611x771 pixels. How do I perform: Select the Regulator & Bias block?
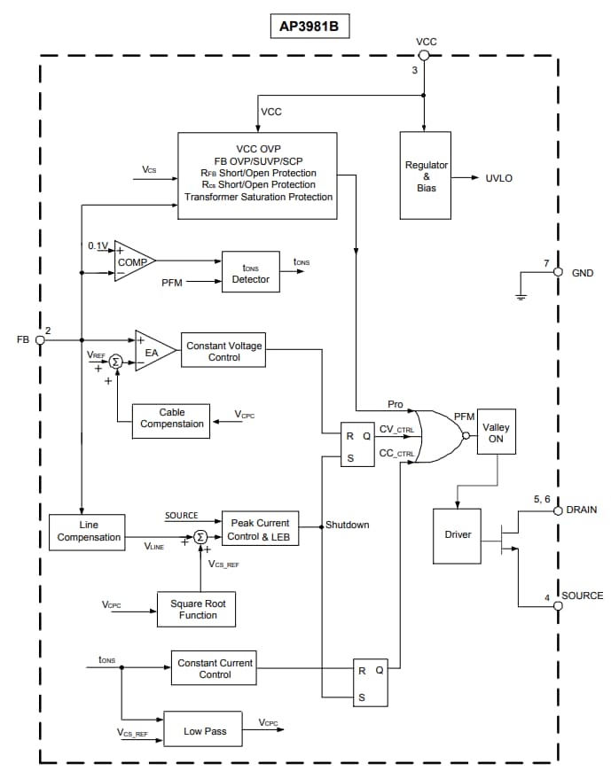point(426,175)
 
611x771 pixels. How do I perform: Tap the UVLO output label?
point(498,178)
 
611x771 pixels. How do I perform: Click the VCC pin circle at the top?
point(425,56)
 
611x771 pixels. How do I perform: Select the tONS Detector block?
point(250,273)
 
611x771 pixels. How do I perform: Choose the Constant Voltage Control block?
point(223,351)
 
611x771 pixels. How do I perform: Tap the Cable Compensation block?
point(171,418)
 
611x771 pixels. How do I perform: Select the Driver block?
point(457,535)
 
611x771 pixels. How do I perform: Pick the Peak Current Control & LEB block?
point(260,529)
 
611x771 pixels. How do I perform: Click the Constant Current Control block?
point(215,668)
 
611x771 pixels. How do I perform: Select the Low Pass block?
point(205,730)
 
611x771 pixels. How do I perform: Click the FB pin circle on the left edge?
point(40,339)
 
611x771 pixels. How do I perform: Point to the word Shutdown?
point(347,525)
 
